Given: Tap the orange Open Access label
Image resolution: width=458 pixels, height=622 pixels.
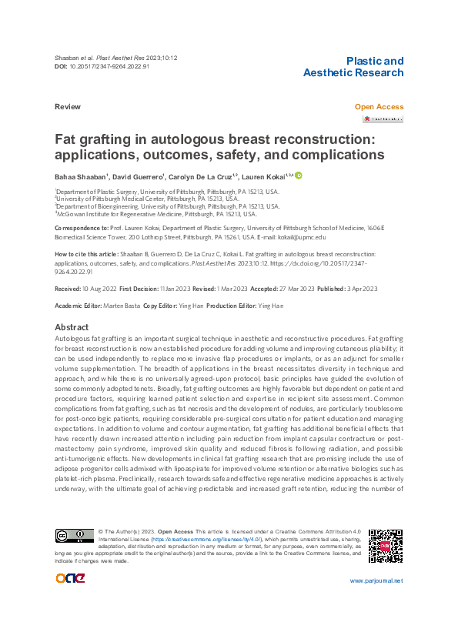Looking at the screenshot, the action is tap(379, 107).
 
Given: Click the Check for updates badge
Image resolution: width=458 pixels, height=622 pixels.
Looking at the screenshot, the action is tap(383, 119).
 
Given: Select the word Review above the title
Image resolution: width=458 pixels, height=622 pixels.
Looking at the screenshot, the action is tap(69, 107).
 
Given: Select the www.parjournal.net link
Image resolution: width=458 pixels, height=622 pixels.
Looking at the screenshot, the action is tap(376, 602).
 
